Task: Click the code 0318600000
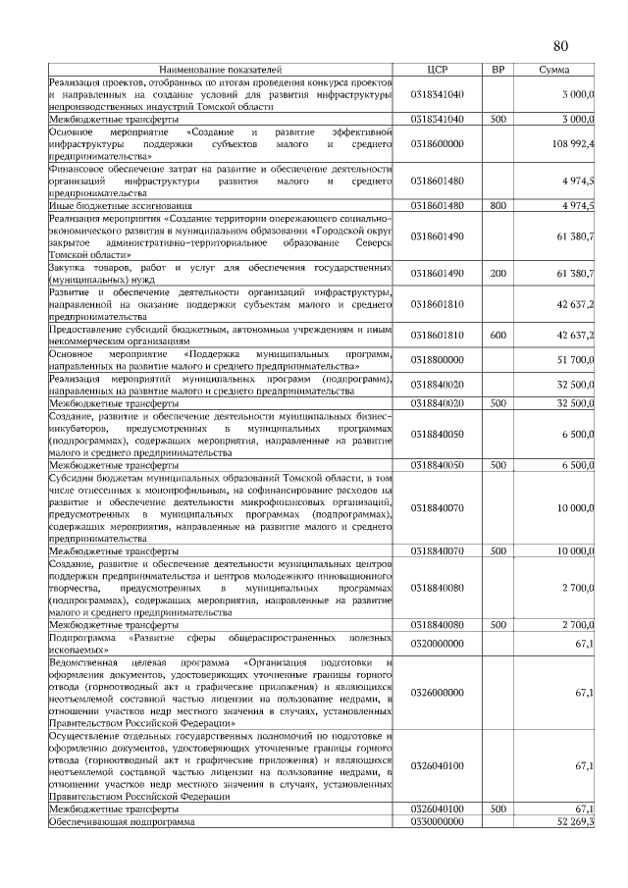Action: [x=438, y=143]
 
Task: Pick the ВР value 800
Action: [x=497, y=205]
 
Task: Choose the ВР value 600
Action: [x=497, y=335]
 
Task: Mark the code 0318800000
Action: [x=438, y=360]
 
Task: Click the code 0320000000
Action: [x=438, y=642]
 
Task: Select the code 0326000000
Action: [x=438, y=692]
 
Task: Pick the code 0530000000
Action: [x=438, y=821]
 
